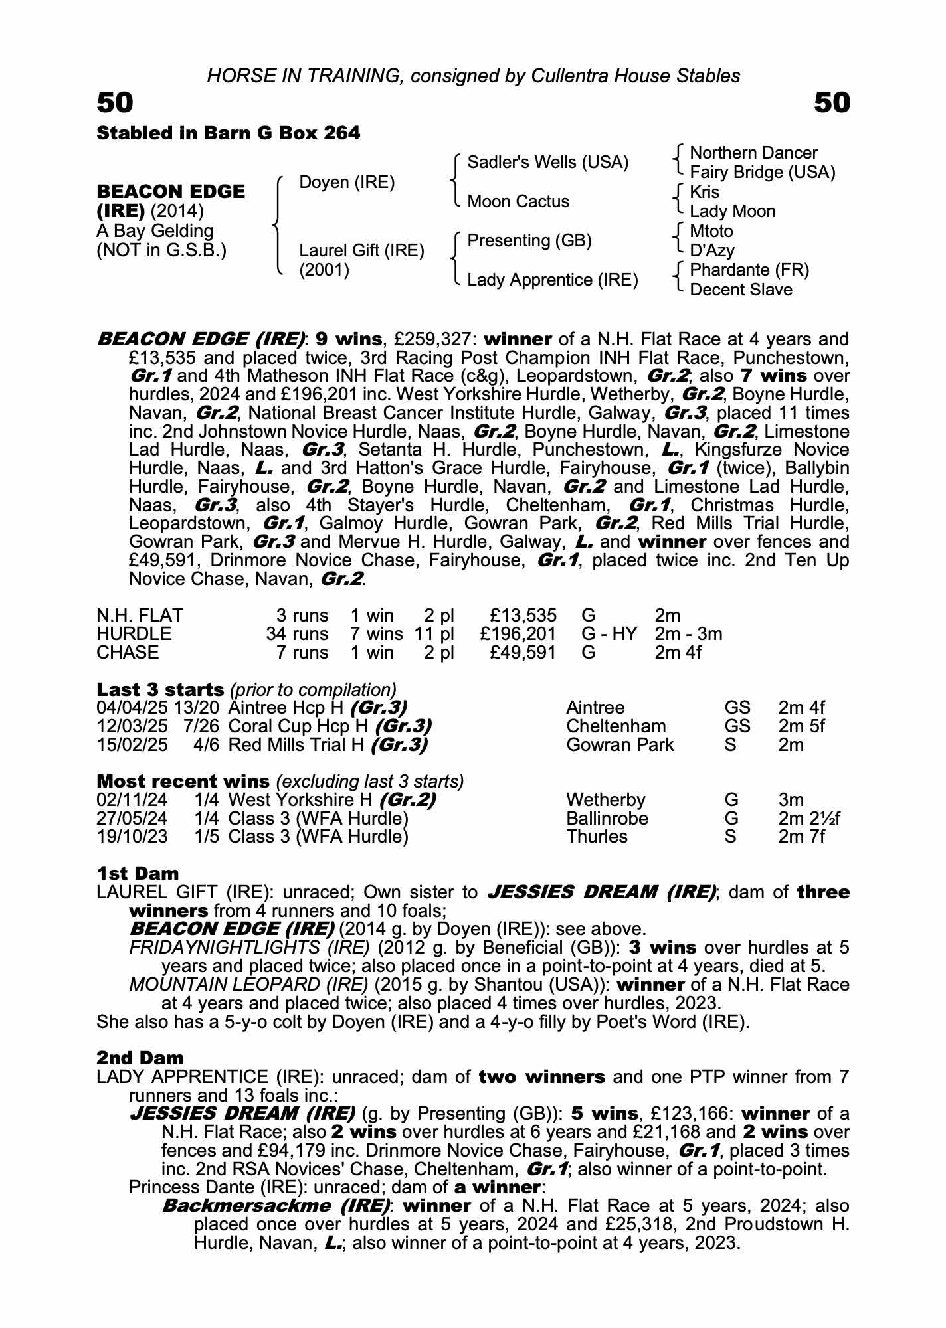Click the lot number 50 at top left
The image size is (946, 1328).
click(115, 103)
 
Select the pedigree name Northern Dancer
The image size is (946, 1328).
click(753, 153)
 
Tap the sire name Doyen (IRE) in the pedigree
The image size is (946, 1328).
click(347, 182)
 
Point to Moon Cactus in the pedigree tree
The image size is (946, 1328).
click(518, 201)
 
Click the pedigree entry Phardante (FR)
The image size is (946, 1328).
click(749, 270)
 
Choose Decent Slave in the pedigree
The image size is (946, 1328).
click(741, 290)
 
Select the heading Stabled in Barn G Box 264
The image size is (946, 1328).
click(229, 133)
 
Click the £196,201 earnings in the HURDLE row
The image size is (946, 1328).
click(518, 634)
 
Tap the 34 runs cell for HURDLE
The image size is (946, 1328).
click(298, 634)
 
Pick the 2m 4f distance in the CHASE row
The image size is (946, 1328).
click(678, 653)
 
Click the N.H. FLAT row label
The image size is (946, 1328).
click(140, 616)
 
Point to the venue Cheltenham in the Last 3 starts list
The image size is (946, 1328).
click(616, 726)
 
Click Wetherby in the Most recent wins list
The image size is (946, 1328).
click(605, 799)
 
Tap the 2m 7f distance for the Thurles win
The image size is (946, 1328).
click(801, 837)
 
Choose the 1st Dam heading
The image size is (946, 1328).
click(138, 873)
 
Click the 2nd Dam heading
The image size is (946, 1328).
click(140, 1057)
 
